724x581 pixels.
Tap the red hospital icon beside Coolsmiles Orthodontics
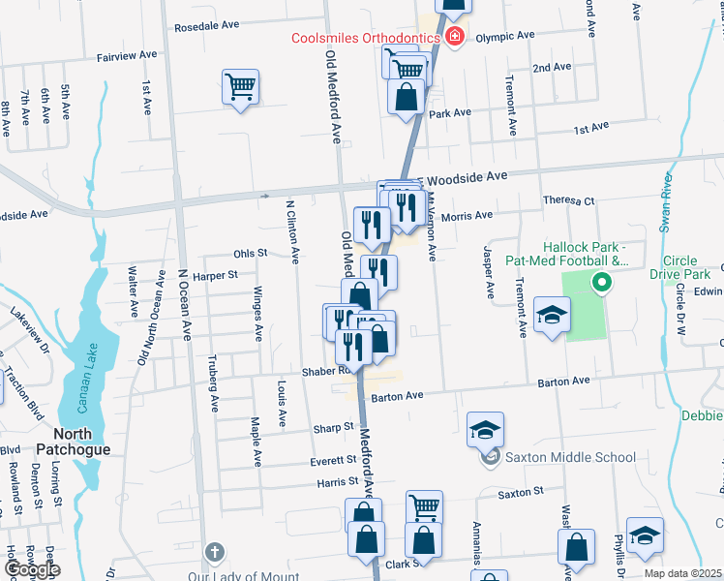[x=455, y=37]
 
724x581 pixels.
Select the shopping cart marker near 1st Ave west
[x=239, y=87]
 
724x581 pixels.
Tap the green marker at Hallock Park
[x=601, y=284]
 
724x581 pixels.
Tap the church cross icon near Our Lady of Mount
[x=215, y=554]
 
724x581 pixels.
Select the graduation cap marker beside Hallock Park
[x=552, y=315]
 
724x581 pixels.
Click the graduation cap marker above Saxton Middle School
[x=485, y=429]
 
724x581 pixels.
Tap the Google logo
[x=32, y=570]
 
